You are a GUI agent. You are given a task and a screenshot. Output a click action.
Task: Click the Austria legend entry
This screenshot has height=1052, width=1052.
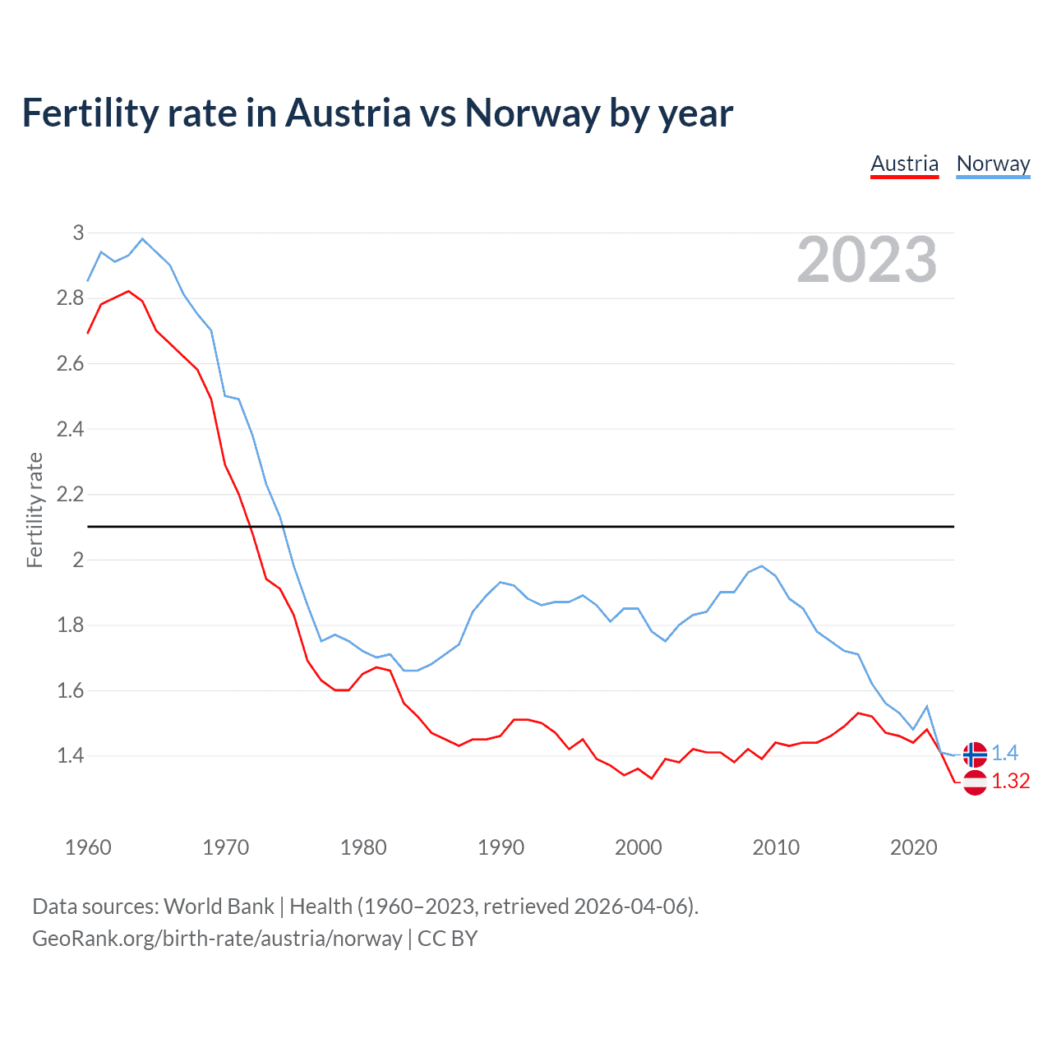tap(904, 164)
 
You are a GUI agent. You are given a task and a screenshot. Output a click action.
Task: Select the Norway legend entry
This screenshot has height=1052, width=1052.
tap(993, 164)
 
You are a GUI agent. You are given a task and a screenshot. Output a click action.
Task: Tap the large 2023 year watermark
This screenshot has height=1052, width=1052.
tap(867, 261)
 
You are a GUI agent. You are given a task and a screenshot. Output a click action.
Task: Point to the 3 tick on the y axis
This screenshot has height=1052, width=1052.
tap(79, 233)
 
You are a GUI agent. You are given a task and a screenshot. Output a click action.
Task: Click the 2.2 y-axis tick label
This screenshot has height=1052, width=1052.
tap(71, 495)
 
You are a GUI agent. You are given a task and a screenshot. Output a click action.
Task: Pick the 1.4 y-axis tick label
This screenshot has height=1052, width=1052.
tap(71, 756)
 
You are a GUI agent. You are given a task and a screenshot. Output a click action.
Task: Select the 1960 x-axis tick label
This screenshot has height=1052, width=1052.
tap(88, 847)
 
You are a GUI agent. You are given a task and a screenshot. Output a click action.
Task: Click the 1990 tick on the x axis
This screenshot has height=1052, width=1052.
tap(501, 847)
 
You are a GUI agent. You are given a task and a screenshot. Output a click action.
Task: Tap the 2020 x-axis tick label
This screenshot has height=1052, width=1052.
tap(913, 847)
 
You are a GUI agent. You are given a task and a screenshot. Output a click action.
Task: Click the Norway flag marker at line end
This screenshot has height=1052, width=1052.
tap(975, 754)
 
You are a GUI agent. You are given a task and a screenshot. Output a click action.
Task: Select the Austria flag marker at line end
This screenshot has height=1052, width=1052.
tap(975, 782)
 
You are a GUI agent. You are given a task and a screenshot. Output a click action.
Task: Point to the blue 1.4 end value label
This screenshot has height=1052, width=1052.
tap(1004, 754)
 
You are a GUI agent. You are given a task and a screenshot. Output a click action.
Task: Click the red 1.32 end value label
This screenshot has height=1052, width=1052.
tap(1010, 782)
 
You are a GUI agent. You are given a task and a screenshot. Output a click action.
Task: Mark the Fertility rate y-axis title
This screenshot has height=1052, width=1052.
tap(35, 510)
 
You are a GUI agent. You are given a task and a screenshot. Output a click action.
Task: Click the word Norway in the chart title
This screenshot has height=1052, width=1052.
tap(533, 113)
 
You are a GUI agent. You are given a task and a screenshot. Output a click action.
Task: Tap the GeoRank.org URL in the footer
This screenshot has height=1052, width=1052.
tap(217, 939)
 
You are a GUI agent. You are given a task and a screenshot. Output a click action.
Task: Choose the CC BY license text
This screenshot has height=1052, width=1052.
tap(447, 939)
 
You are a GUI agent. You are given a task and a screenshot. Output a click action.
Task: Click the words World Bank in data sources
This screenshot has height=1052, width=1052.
tap(219, 907)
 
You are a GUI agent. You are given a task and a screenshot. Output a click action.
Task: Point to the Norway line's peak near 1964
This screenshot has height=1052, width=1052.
tap(142, 239)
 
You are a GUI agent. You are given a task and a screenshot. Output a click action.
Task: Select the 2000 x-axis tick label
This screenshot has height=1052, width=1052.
tap(638, 847)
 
